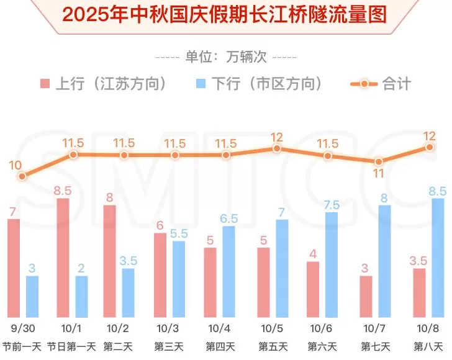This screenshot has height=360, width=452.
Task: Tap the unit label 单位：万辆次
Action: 225,56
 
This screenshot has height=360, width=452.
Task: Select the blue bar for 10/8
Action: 438,258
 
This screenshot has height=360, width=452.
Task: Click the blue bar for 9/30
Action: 32,297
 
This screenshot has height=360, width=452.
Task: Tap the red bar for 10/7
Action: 366,297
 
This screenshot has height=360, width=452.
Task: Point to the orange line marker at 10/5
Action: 277,148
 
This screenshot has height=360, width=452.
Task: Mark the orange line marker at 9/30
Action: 22,176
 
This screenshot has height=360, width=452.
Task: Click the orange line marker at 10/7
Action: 379,162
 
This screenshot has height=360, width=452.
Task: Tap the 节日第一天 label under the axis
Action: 72,346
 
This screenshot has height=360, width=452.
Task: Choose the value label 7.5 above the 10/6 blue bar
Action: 332,204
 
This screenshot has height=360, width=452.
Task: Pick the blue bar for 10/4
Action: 228,272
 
